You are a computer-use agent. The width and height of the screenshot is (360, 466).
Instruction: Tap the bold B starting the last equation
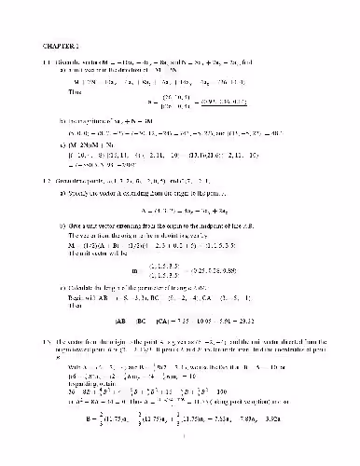pos(77,432)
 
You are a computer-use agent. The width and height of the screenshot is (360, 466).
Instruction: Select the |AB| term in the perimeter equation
pos(124,320)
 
